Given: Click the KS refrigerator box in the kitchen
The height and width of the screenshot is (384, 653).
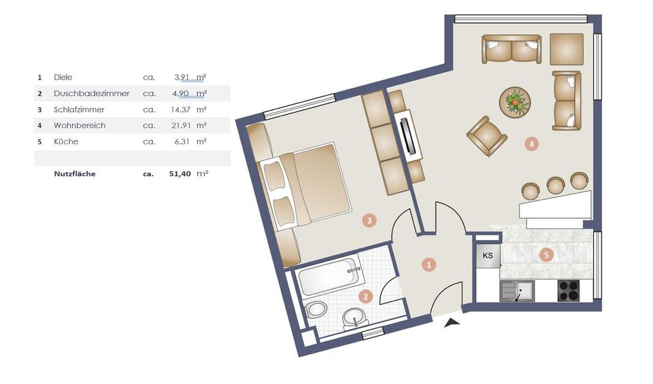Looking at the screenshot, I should [x=488, y=256].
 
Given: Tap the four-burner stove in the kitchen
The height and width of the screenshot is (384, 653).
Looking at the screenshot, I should [x=568, y=291].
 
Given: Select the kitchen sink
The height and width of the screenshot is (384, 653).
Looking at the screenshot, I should [x=518, y=292].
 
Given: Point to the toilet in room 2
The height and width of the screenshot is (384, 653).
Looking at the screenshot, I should [x=316, y=310].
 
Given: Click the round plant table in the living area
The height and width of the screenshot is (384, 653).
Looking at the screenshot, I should [x=515, y=103].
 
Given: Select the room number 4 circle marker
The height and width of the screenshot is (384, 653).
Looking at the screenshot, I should [x=532, y=143].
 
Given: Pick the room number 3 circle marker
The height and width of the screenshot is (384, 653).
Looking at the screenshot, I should [x=368, y=220].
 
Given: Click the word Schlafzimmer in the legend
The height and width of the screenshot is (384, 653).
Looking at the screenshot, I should [x=79, y=109].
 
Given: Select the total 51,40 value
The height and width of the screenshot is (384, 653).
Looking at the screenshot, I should [x=180, y=174].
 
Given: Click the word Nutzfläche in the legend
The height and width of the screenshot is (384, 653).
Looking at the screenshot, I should [x=75, y=174].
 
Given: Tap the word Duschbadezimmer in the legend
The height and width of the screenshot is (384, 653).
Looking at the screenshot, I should [x=91, y=93].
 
